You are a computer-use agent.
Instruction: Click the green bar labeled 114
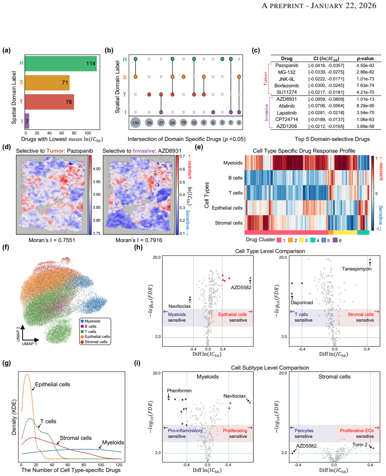click(x=61, y=63)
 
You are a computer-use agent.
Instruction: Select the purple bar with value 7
click(x=27, y=121)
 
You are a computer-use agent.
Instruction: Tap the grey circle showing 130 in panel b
click(x=135, y=123)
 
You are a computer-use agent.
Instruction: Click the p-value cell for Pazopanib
click(x=365, y=65)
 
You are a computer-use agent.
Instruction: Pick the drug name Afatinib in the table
click(x=287, y=106)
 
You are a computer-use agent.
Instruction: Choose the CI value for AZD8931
click(x=326, y=99)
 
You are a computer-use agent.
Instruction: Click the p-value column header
click(x=365, y=58)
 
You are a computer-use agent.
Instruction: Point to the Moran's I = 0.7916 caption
click(x=139, y=240)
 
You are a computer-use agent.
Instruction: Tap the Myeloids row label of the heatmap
click(x=233, y=163)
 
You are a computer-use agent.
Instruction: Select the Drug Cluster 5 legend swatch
click(x=324, y=240)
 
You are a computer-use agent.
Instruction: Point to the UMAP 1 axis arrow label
click(x=30, y=344)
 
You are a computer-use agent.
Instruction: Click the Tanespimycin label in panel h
click(x=357, y=268)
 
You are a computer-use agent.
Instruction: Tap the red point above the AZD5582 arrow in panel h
click(x=250, y=278)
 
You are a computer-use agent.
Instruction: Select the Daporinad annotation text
click(x=302, y=302)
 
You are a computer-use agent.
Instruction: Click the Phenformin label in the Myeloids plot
click(x=179, y=391)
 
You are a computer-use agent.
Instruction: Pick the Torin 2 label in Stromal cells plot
click(x=360, y=445)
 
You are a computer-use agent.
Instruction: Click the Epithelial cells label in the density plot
click(x=52, y=384)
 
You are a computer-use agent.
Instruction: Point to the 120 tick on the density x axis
click(x=119, y=465)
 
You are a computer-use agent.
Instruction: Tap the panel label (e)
click(x=199, y=147)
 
